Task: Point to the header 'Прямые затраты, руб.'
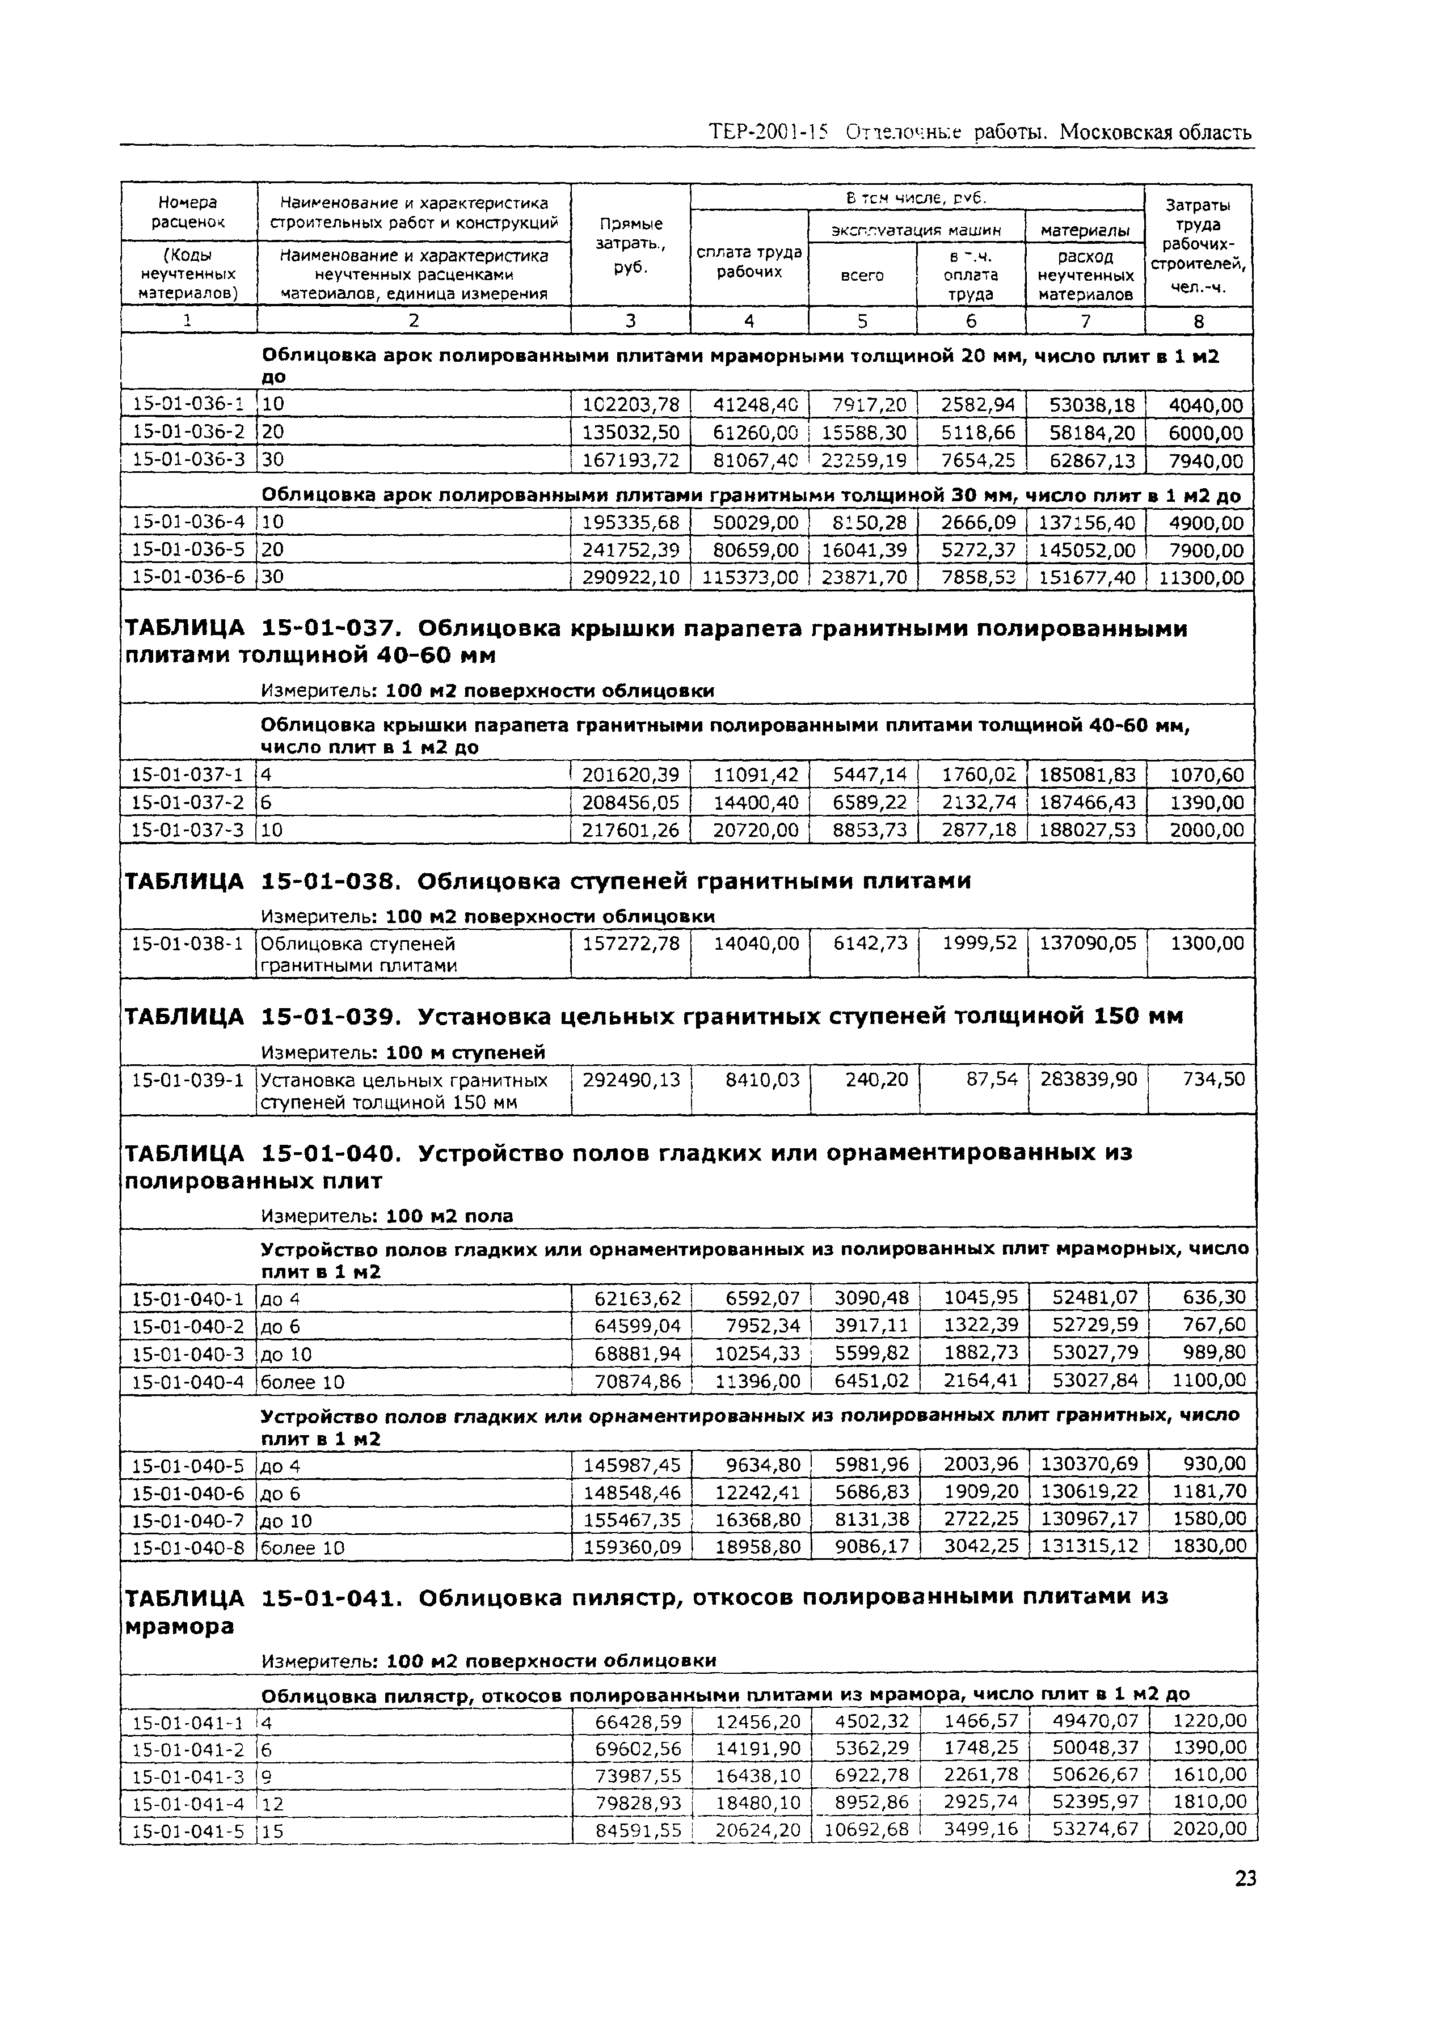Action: click(630, 245)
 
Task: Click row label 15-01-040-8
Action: click(188, 1547)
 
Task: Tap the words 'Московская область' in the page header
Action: click(1157, 133)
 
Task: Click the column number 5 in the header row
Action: click(862, 321)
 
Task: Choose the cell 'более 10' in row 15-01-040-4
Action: click(302, 1382)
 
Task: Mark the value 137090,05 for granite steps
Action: click(1087, 943)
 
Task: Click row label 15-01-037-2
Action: click(188, 802)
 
